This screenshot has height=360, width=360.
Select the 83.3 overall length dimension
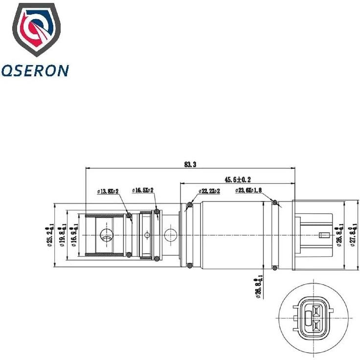190,165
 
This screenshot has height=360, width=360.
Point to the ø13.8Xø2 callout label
111,190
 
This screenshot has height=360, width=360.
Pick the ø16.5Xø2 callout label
143,190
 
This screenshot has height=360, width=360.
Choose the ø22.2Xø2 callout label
209,191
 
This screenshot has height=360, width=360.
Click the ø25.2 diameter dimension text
50,235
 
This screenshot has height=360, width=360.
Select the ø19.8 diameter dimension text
63,235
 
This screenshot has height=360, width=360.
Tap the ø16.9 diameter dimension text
74,235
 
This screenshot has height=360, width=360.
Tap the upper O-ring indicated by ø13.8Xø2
129,215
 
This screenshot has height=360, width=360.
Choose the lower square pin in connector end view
311,323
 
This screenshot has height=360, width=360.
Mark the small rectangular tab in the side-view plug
322,235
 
